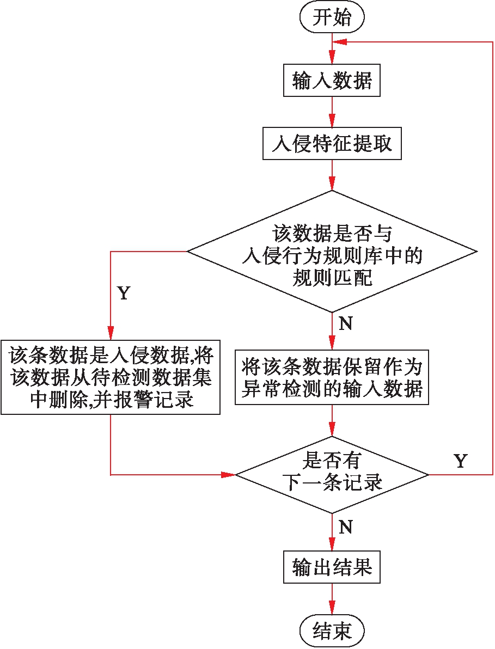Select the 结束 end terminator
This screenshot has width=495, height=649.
coord(332,632)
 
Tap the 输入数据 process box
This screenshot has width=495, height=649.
coord(332,81)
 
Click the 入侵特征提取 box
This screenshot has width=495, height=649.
coord(332,144)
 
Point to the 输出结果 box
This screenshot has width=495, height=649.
coord(332,568)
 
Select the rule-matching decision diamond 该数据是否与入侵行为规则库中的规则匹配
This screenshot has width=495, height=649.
coord(332,252)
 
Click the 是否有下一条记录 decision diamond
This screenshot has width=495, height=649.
coord(332,475)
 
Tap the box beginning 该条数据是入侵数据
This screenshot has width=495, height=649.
coord(111,377)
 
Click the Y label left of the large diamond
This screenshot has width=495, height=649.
coord(124,293)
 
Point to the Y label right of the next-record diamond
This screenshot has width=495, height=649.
coord(460,461)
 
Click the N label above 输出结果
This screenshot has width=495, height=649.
coord(345,526)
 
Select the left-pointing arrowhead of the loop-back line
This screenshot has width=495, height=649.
coord(340,42)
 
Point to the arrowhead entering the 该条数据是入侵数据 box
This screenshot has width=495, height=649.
coord(111,334)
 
